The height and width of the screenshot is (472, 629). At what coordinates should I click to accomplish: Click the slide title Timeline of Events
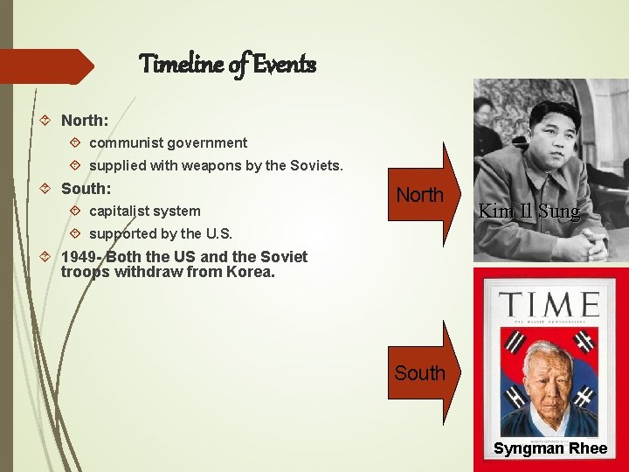tap(227, 64)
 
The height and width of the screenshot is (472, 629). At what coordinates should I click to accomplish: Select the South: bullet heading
tap(86, 188)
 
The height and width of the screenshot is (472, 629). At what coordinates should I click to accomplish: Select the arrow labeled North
tap(421, 195)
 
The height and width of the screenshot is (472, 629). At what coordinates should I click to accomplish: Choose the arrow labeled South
tap(421, 373)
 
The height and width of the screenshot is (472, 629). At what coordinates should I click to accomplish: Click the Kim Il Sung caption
tap(528, 211)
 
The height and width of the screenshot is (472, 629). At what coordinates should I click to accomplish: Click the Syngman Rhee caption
tap(550, 448)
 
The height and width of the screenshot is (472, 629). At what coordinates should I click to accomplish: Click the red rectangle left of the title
tap(44, 66)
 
